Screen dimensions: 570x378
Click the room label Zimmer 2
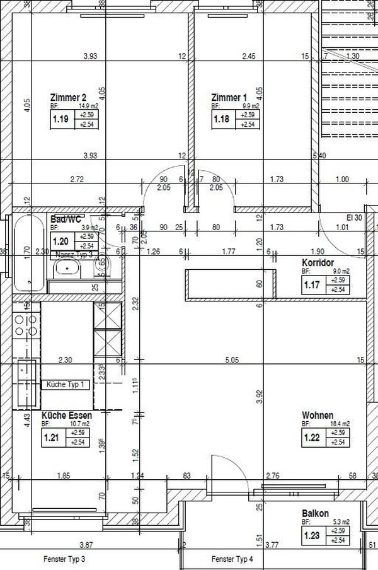click(68, 98)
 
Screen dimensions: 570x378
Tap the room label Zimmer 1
click(229, 98)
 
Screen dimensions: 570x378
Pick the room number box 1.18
click(222, 119)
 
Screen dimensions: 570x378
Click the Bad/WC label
click(66, 219)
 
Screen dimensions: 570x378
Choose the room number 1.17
click(312, 285)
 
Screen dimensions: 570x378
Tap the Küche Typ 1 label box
click(66, 384)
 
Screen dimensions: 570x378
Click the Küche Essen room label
click(67, 416)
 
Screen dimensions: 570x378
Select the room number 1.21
click(50, 438)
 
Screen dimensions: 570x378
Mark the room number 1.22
click(312, 438)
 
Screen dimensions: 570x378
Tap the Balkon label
click(315, 514)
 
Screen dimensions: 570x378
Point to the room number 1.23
click(312, 536)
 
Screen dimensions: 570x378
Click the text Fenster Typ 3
click(64, 559)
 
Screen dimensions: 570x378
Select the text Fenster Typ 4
click(232, 559)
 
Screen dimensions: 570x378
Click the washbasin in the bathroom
click(67, 270)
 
